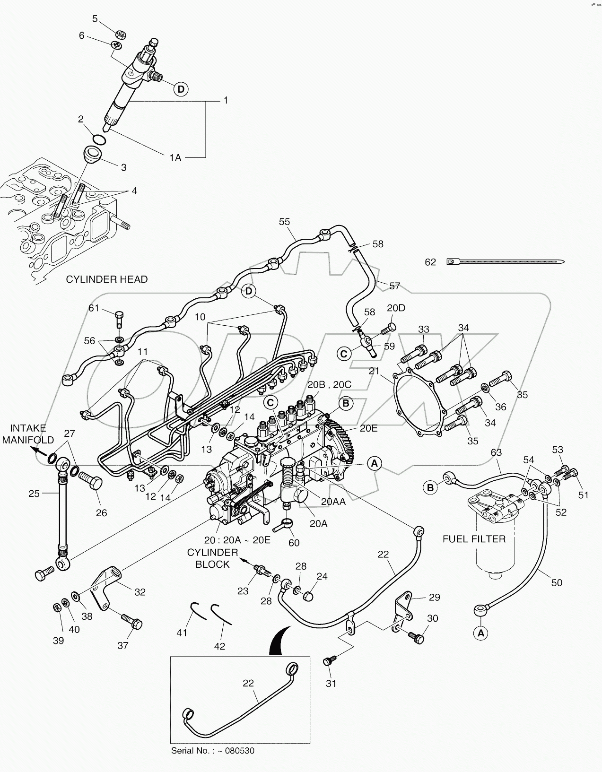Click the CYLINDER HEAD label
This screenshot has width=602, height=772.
pos(106,279)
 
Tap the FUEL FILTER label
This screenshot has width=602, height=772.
pos(474,538)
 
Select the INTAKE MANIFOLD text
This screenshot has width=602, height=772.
pos(28,434)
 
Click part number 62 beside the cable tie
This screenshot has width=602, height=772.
pos(430,262)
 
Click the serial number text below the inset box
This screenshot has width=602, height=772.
pos(212,750)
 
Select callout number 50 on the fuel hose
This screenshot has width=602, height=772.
pos(557,582)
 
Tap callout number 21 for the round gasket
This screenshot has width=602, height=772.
pos(374,371)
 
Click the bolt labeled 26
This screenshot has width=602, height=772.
pos(92,486)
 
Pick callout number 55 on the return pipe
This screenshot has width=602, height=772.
pos(284,222)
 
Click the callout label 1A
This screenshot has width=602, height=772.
pos(175,158)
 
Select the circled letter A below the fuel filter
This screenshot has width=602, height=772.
pos(481,633)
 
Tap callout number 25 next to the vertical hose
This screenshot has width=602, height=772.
pos(34,494)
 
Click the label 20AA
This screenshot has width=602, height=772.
pos(333,502)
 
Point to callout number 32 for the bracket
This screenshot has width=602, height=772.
pos(140,592)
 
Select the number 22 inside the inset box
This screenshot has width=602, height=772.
pos(248,683)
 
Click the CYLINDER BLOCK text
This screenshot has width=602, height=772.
pos(212,558)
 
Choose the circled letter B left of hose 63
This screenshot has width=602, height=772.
pos(430,487)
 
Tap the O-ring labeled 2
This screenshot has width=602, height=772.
pos(99,140)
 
